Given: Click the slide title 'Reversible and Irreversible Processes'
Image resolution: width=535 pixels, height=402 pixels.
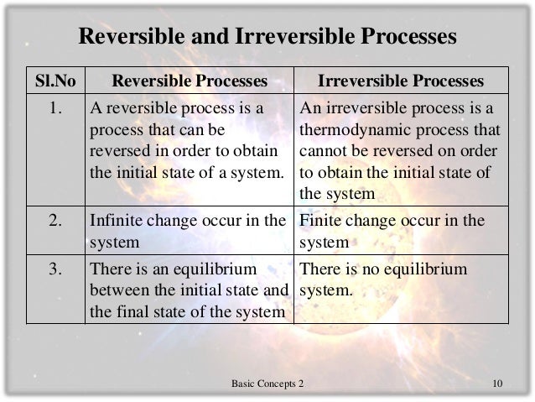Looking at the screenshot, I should pyautogui.click(x=267, y=38).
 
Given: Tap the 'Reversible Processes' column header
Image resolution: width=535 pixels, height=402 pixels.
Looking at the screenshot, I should pyautogui.click(x=190, y=81).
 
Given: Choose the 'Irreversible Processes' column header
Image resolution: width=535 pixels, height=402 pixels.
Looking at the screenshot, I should pyautogui.click(x=402, y=81).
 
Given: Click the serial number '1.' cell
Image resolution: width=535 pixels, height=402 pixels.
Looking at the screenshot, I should pyautogui.click(x=55, y=109).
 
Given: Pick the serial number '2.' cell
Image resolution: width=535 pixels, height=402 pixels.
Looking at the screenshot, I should pyautogui.click(x=55, y=222).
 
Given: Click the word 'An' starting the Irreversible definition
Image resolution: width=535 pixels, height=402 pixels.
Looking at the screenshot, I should pyautogui.click(x=309, y=109).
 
